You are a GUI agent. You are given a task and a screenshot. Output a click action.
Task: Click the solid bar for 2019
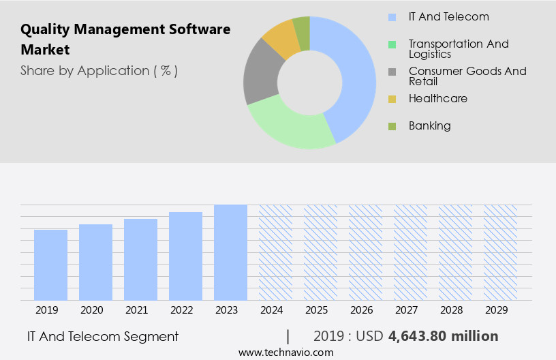[x=50, y=265]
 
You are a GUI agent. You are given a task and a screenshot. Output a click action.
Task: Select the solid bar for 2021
[x=140, y=259]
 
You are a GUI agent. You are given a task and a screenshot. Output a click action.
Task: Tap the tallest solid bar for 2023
[x=230, y=252]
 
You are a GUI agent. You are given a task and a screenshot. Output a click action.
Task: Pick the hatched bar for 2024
[x=275, y=252]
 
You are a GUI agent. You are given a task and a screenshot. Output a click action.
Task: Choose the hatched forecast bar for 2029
[x=500, y=252]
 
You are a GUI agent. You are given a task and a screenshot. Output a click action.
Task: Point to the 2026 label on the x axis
[x=361, y=310]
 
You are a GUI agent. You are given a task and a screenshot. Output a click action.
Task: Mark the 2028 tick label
[x=451, y=310]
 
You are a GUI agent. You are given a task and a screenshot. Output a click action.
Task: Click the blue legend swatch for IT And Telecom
[x=392, y=17]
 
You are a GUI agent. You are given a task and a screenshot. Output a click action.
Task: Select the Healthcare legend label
[x=437, y=98]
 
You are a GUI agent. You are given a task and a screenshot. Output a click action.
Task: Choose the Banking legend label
[x=429, y=125]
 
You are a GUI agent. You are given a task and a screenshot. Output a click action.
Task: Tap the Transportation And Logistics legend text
[x=458, y=48]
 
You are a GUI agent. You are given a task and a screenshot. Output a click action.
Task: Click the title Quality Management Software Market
[x=125, y=40]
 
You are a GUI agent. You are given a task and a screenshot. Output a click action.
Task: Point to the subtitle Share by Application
[x=99, y=70]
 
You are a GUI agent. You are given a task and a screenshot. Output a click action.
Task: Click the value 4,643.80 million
[x=443, y=336]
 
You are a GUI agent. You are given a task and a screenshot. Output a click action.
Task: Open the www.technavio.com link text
[x=285, y=352]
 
